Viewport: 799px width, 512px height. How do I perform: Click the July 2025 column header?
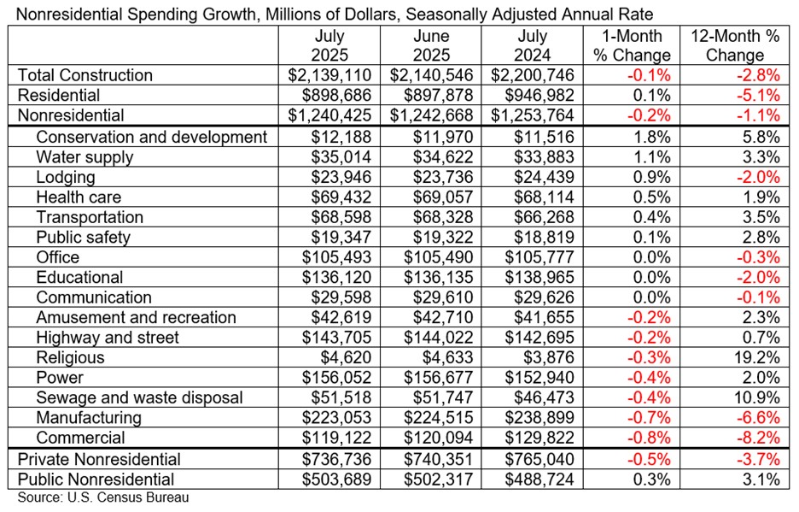point(330,46)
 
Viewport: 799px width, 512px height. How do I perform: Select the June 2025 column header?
point(431,46)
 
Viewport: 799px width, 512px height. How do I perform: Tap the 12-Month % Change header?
point(736,46)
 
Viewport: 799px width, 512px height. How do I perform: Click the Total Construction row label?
point(85,75)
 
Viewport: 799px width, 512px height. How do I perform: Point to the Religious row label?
point(70,357)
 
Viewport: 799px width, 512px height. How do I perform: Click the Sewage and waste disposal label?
point(139,397)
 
